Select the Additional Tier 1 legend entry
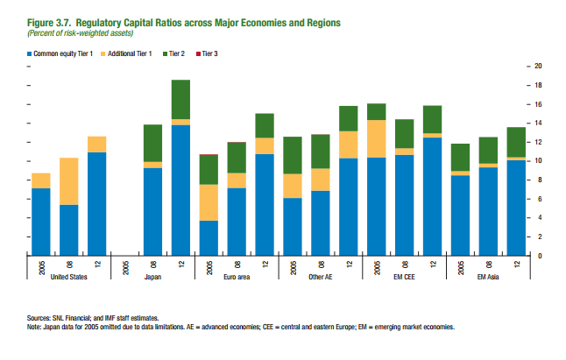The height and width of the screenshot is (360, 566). tap(131, 53)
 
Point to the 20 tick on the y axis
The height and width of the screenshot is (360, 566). tap(538, 67)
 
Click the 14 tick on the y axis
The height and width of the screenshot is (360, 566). tap(538, 124)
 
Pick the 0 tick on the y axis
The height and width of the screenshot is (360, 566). tap(538, 256)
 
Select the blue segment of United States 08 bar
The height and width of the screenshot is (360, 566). tap(68, 229)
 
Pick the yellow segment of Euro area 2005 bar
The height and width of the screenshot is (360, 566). tap(209, 202)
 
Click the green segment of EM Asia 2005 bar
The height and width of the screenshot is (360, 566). tap(461, 157)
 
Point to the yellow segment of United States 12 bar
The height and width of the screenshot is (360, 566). tap(96, 145)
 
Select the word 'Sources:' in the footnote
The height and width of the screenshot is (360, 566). tap(42, 320)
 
